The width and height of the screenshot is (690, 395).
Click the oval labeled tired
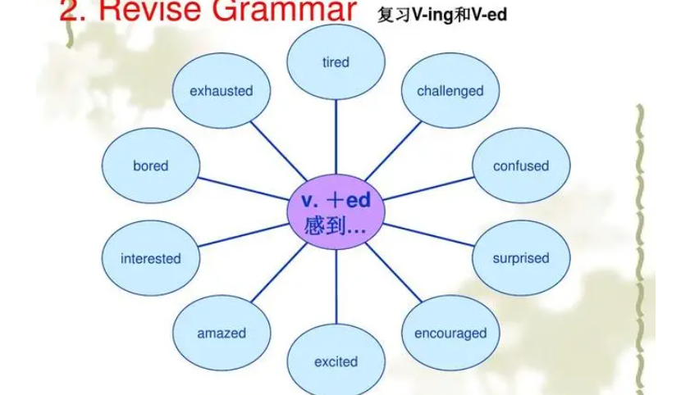[336, 62]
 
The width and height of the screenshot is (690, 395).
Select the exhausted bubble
[222, 90]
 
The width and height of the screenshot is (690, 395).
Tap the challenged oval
[450, 90]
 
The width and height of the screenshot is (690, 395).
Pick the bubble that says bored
[150, 166]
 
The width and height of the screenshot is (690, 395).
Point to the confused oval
[521, 166]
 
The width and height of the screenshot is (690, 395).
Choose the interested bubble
[150, 258]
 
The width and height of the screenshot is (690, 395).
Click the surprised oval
[521, 258]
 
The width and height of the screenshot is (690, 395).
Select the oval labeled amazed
[222, 333]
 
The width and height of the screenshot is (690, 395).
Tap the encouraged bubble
[450, 333]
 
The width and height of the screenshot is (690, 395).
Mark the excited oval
[336, 361]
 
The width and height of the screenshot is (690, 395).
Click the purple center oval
[336, 211]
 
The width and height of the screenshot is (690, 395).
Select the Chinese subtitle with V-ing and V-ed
[441, 15]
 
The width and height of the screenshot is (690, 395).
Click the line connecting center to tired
[336, 137]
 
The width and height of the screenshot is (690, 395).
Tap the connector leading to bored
[244, 189]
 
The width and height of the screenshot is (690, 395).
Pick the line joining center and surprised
[428, 234]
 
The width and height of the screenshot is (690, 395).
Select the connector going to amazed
[279, 272]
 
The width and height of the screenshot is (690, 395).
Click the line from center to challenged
[393, 151]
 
